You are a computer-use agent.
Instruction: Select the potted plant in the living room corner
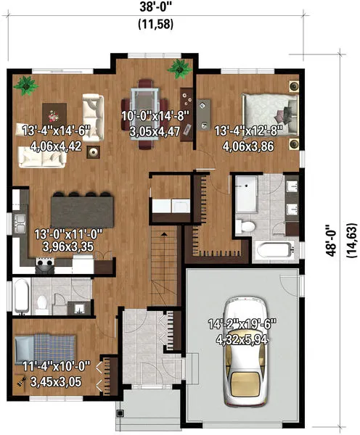[27, 84]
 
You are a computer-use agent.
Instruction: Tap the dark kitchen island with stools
[82, 211]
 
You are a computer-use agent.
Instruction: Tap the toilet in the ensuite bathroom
[247, 225]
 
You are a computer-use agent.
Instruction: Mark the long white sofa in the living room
[41, 159]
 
